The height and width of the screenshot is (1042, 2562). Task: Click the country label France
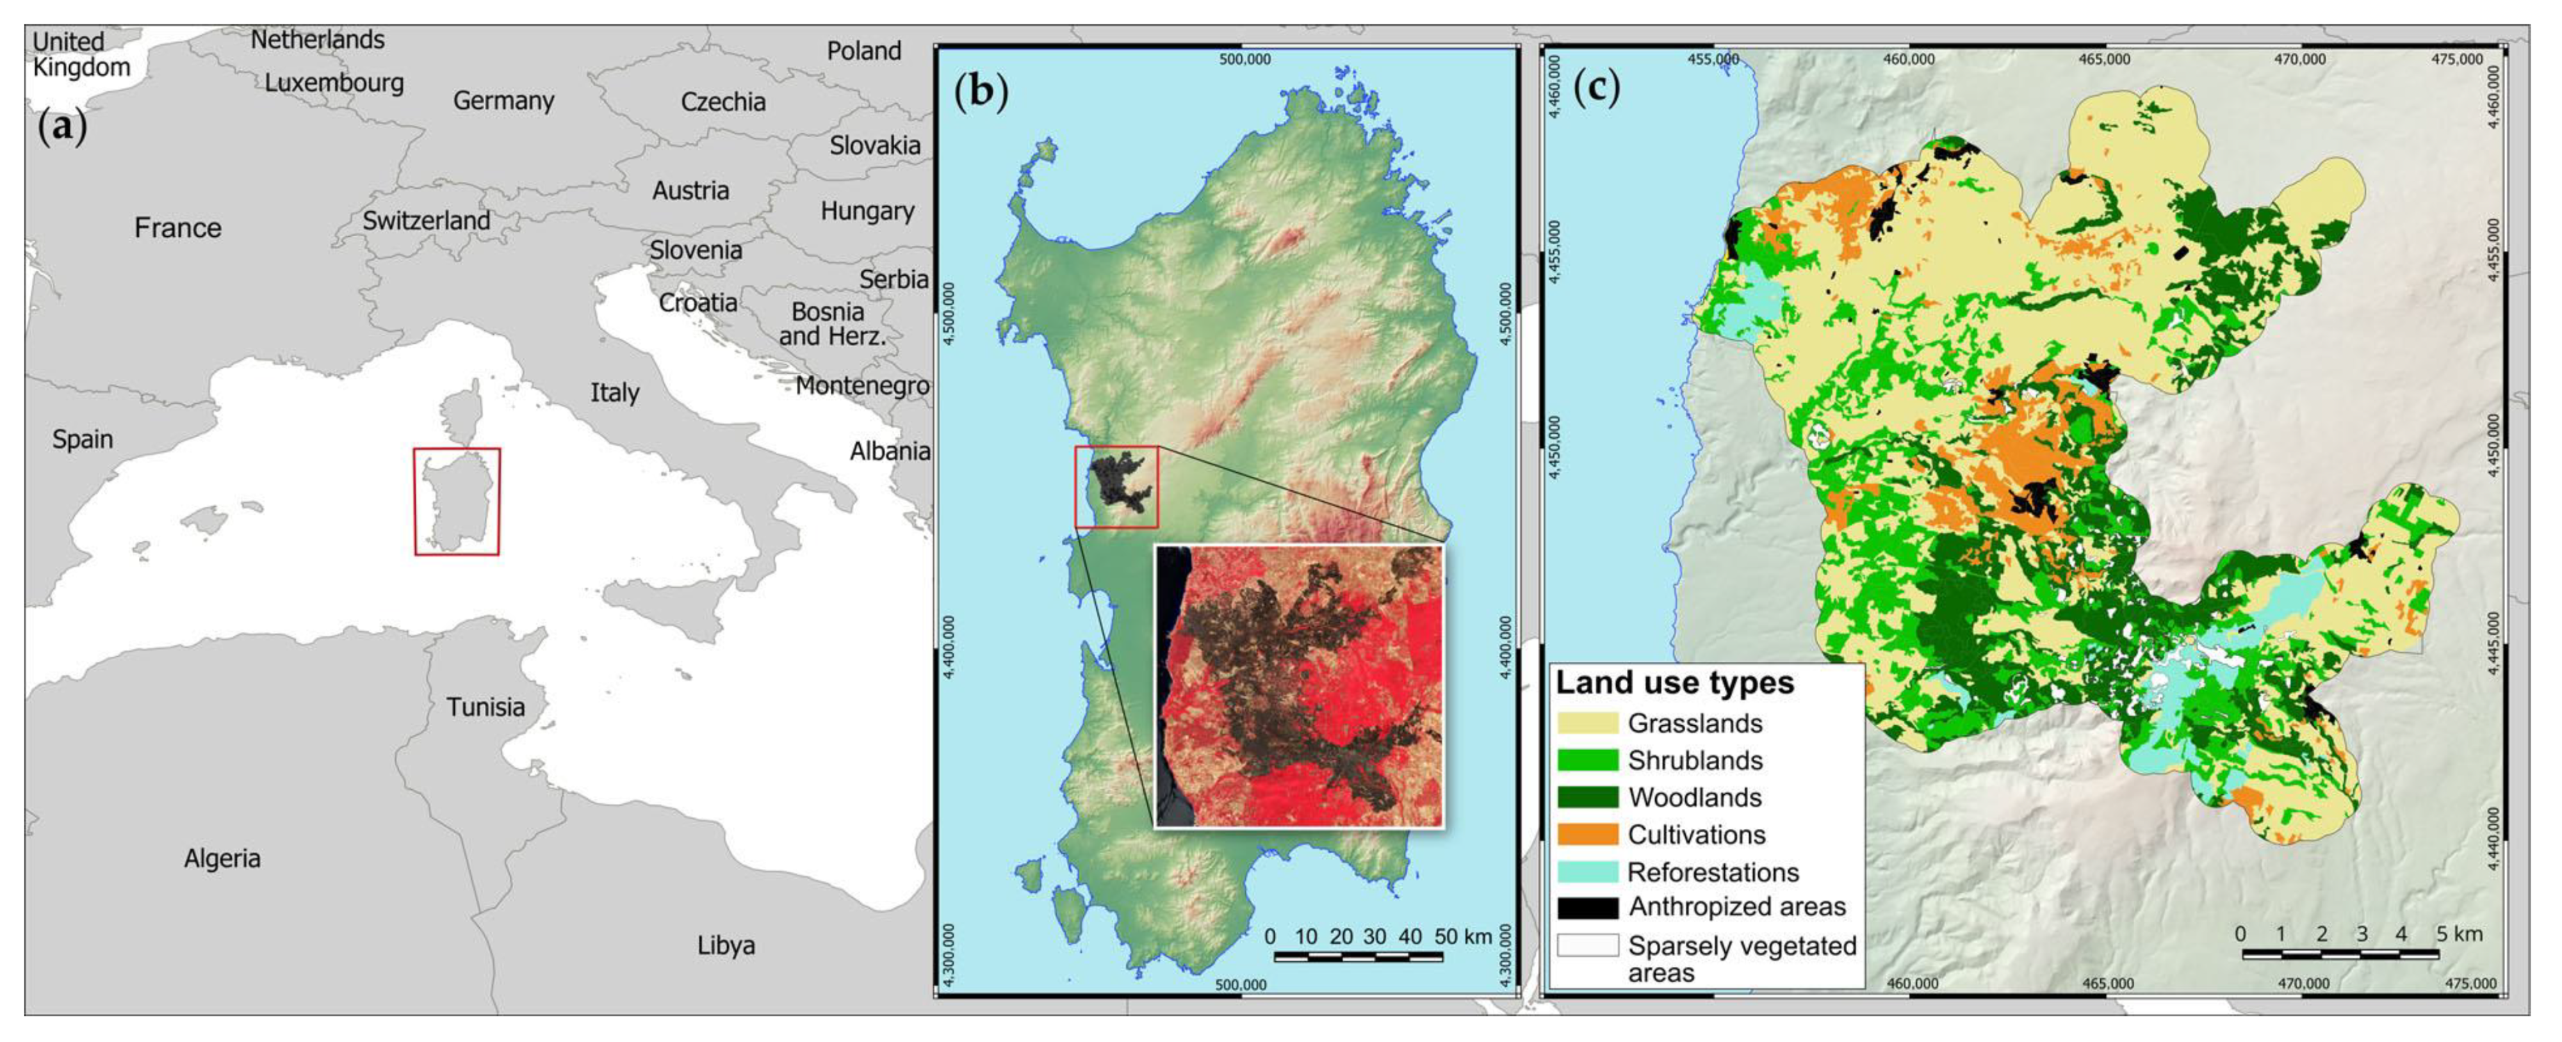click(x=178, y=228)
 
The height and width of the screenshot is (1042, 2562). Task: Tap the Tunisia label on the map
click(x=485, y=707)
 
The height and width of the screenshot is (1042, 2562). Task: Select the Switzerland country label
click(x=426, y=221)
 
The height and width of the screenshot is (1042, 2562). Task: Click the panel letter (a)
click(x=61, y=127)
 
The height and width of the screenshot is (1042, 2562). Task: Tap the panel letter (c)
click(x=1596, y=88)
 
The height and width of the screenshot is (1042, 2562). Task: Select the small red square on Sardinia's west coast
click(x=1116, y=486)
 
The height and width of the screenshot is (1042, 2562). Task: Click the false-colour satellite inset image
click(x=1298, y=686)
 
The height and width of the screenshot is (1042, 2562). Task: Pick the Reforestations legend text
click(x=1713, y=872)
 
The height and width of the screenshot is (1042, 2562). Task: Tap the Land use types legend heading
click(x=1675, y=683)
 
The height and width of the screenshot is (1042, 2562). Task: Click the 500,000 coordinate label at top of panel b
click(x=1244, y=60)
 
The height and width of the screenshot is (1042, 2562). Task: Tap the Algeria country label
click(x=222, y=858)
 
